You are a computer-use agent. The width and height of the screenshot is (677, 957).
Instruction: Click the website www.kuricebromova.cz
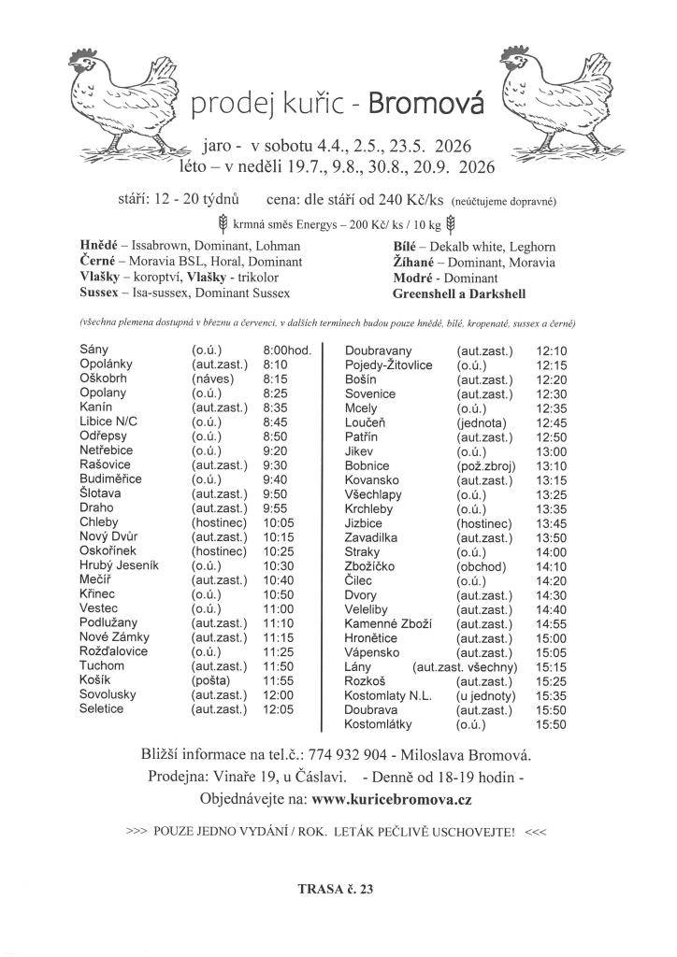click(x=392, y=799)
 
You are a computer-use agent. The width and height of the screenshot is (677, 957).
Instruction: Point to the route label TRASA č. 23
click(x=336, y=889)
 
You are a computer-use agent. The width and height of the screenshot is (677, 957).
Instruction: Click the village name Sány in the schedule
click(x=94, y=349)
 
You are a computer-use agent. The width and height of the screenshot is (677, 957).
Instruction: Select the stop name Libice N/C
click(x=108, y=421)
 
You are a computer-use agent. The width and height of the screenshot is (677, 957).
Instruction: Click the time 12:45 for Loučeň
click(x=552, y=421)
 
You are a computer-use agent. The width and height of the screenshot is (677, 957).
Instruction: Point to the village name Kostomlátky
click(x=378, y=724)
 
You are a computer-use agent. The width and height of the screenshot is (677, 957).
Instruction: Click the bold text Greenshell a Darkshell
click(x=460, y=293)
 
